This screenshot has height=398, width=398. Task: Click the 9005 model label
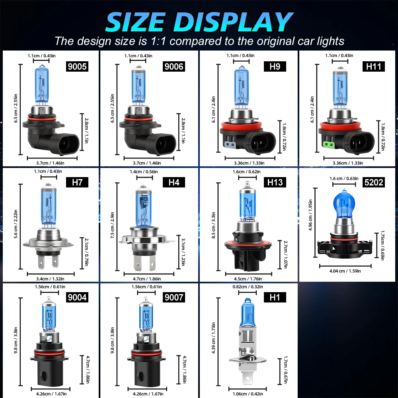(x=77, y=66)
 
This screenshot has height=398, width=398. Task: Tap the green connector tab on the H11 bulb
(x=329, y=144)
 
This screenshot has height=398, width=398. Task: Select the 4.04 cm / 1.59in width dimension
(x=345, y=271)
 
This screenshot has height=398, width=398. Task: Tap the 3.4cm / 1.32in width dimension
(x=51, y=279)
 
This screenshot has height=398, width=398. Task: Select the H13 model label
(x=275, y=182)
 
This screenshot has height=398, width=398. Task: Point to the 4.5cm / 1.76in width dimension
(x=248, y=279)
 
